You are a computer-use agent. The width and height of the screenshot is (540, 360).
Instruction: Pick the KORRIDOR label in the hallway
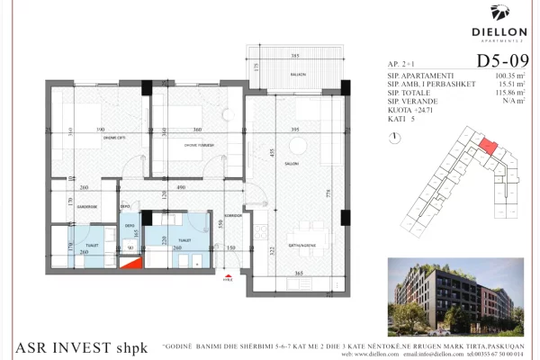tap(233, 216)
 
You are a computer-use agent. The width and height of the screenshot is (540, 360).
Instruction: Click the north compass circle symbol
tap(395, 137)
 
